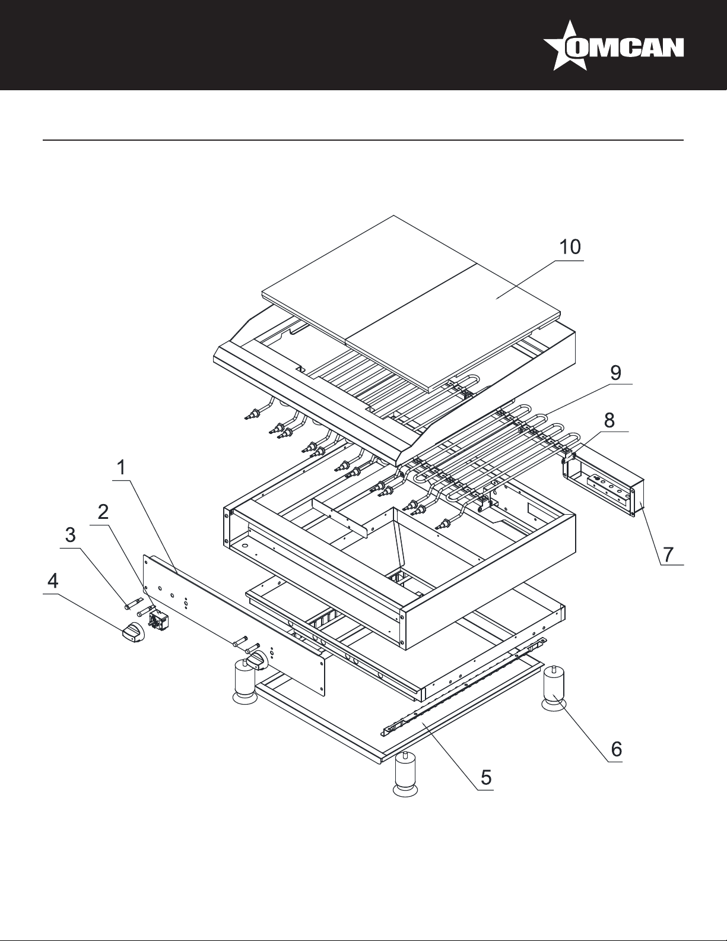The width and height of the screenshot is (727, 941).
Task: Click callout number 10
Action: tap(570, 247)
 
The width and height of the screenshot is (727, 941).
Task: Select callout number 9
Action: tap(615, 373)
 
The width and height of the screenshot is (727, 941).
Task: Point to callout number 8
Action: tap(609, 420)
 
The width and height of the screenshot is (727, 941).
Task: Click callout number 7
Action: tap(669, 555)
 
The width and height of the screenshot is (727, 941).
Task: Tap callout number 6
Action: tap(616, 749)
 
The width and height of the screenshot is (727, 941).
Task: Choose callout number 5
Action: tap(486, 778)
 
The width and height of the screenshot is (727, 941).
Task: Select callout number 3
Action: tap(70, 535)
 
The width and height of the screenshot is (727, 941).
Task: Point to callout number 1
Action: tap(122, 468)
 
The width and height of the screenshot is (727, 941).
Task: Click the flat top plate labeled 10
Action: tap(411, 303)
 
